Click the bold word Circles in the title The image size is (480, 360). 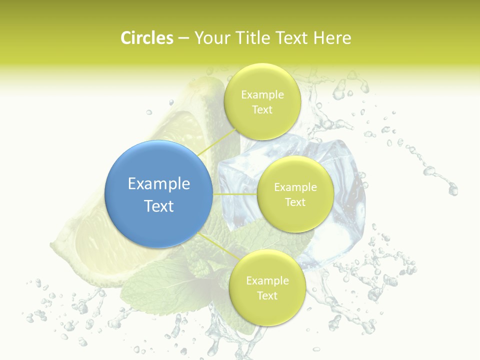point(146,38)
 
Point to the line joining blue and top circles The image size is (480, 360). point(216,141)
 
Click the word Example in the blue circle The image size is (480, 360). point(159,184)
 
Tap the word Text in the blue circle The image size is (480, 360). point(159,206)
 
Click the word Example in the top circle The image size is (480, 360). point(262,95)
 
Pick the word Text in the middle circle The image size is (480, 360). point(295,202)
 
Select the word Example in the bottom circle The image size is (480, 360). point(267,281)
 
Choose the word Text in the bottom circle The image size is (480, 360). point(267,295)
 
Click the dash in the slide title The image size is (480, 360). point(183,38)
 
